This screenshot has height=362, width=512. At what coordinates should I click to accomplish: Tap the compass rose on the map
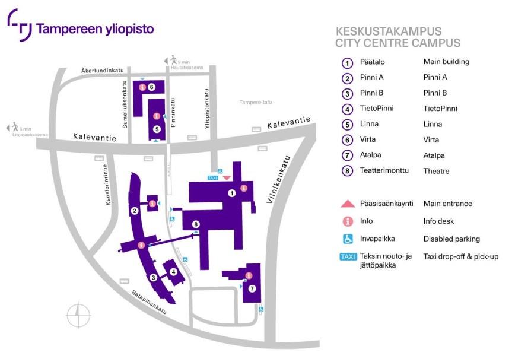[78, 315]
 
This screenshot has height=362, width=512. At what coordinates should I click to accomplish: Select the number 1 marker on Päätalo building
[232, 193]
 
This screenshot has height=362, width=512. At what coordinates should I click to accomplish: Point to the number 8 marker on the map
[195, 224]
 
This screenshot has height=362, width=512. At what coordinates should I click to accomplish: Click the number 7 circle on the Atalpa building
[252, 288]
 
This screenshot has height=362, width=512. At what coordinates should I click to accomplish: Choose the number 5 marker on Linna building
[157, 129]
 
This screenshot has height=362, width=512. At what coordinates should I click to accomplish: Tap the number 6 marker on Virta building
[152, 87]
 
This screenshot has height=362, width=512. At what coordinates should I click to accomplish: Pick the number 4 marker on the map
[173, 272]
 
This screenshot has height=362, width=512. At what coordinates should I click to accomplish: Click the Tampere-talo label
[256, 103]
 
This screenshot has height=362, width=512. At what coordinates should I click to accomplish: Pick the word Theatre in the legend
[436, 171]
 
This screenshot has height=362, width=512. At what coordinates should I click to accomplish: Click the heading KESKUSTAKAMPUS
[388, 31]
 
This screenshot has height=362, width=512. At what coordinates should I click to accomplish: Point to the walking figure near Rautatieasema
[173, 60]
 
